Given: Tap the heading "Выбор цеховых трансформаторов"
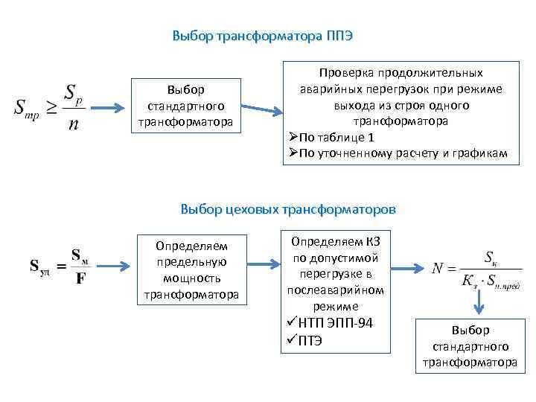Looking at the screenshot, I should click(x=288, y=209).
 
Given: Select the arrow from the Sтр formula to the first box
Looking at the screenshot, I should click(x=109, y=109).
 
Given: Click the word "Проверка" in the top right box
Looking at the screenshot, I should click(x=345, y=73).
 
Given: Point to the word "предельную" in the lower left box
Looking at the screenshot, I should click(x=191, y=262).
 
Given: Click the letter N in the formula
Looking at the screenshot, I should click(x=439, y=267).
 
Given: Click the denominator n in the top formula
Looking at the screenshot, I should click(x=72, y=124).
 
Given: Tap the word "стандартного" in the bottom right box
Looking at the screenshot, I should click(x=470, y=346).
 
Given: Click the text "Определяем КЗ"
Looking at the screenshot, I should click(x=335, y=241).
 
